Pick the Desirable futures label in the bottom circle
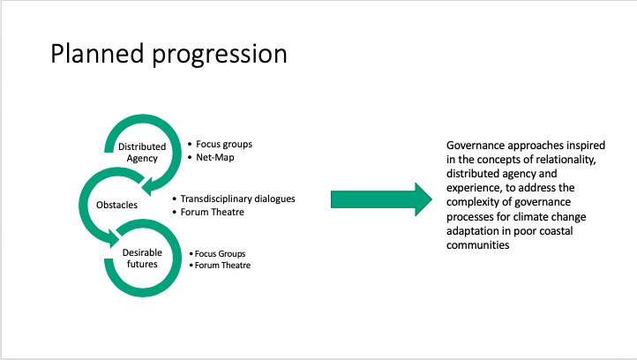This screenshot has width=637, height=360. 141,259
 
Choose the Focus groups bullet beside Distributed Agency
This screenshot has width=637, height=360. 226,143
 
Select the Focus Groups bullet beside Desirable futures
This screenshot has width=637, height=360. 221,254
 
